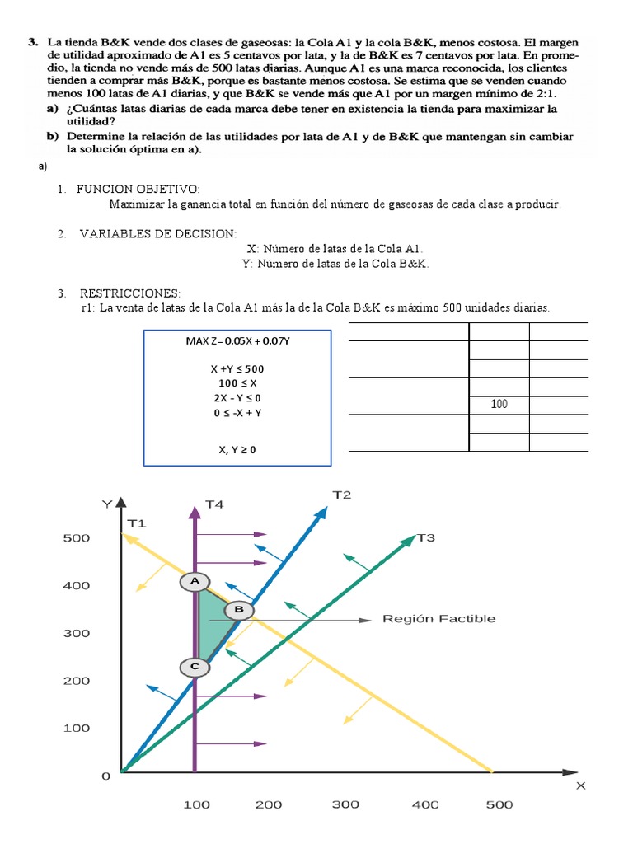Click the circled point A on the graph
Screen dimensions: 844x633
pos(195,581)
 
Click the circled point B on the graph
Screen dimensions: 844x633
pos(239,610)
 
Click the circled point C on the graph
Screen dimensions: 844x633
pos(195,666)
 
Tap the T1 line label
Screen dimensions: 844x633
pos(137,523)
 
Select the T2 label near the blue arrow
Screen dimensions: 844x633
pos(342,495)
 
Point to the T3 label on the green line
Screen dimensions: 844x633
pos(425,538)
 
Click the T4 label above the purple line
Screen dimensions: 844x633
pos(214,503)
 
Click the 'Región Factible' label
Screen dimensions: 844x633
pos(439,619)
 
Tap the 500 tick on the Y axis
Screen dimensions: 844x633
pos(77,538)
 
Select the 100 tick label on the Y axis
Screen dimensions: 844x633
pos(77,728)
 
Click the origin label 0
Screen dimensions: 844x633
pos(105,776)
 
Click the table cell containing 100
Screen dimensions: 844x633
pos(499,404)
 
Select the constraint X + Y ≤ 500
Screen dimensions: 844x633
pos(237,368)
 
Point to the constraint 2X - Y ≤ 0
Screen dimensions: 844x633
pos(237,397)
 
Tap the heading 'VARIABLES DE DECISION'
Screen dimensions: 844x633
pos(157,234)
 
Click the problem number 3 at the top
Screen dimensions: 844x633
pos(32,41)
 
